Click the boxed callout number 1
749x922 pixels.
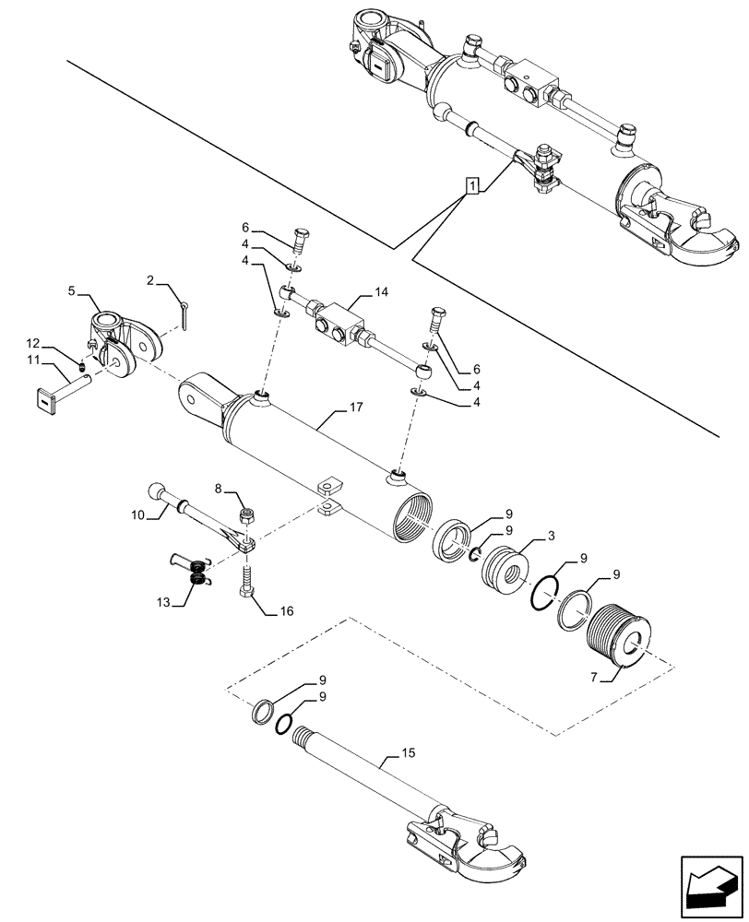coord(472,188)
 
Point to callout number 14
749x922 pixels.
coord(381,293)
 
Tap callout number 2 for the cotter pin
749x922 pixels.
coord(150,277)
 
